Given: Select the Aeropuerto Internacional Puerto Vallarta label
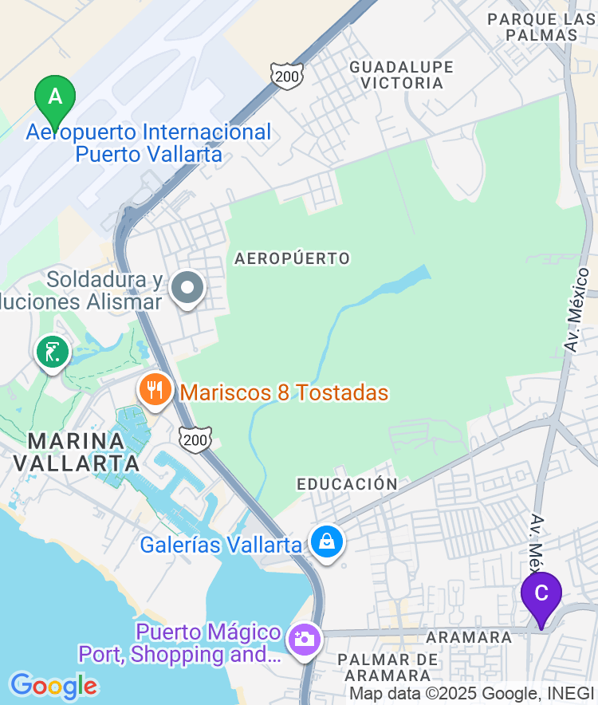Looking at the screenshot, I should [149, 143].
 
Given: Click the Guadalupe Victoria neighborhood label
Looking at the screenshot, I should [401, 75].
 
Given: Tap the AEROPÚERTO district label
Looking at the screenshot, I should [293, 258].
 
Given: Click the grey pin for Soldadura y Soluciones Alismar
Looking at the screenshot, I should [189, 289].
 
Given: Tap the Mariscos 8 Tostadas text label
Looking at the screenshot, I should [285, 392].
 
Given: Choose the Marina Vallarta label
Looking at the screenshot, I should [77, 451].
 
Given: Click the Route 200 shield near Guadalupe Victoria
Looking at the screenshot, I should [286, 75].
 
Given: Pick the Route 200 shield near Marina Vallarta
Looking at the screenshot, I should [195, 439].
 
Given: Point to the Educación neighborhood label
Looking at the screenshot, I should [347, 484].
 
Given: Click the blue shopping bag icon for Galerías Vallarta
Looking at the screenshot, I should [327, 542].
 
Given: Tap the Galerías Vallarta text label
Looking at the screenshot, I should [221, 545].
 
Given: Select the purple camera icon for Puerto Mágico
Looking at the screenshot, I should [304, 639].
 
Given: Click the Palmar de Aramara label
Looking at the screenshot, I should [388, 668].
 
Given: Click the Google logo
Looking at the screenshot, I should [53, 686].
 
